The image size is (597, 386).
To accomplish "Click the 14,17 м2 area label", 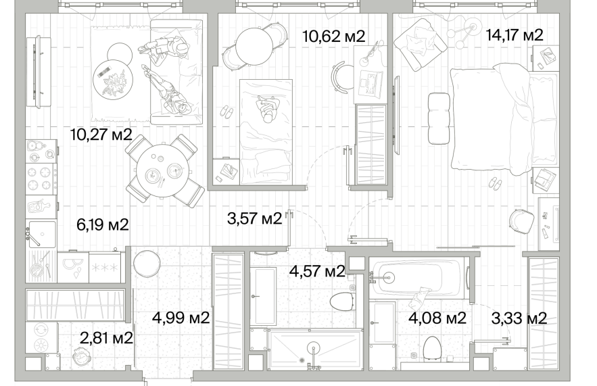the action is tap(515, 35).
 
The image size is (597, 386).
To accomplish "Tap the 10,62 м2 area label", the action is tap(333, 36).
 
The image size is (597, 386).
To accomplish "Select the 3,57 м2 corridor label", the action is tap(254, 218).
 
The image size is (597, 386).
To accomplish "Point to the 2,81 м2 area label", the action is tap(106, 337).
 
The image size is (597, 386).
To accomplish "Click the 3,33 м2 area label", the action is tap(519, 318).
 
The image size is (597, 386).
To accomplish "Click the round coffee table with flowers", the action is tap(113, 81).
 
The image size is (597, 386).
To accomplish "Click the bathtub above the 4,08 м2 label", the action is tap(419, 277).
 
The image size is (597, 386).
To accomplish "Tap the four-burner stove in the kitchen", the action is tap(41, 178).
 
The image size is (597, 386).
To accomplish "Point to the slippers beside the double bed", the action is tap(496, 183).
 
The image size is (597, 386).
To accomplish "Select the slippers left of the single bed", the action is tap(227, 112).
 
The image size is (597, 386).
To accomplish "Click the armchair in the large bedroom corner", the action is tap(420, 45).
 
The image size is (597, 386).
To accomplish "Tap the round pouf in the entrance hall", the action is tap(147, 264).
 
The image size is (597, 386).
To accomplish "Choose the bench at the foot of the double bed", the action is tap(439, 118).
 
